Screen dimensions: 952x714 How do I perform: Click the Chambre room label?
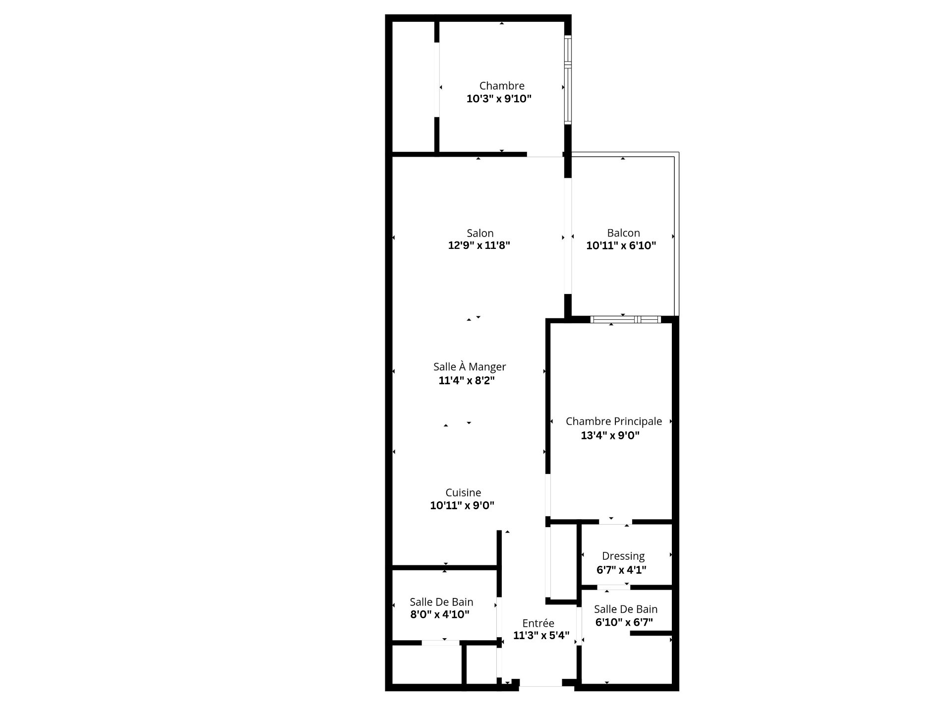point(502,86)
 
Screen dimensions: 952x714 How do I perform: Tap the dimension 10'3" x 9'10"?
point(499,99)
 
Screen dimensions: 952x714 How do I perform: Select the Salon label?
point(480,233)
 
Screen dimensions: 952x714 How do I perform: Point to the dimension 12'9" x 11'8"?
point(479,245)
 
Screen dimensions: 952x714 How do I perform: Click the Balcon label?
point(623,233)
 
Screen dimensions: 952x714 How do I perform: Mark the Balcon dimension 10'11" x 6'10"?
point(621,245)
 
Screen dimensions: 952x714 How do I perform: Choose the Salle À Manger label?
point(470,366)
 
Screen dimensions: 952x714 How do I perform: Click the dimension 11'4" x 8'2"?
point(467,381)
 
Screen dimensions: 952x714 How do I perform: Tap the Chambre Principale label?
point(614,421)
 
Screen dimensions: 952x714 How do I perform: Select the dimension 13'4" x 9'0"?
point(610,436)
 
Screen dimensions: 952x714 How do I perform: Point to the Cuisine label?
point(463,493)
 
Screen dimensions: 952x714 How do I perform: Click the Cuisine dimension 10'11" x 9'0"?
point(462,506)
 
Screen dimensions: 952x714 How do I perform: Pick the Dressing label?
point(623,557)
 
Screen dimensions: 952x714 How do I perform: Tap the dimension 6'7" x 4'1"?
point(621,570)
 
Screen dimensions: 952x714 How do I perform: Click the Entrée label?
point(538,623)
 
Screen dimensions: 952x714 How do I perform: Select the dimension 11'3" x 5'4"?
point(541,636)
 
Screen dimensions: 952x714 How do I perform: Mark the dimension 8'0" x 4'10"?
point(440,615)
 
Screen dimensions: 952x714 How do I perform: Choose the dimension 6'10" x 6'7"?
point(624,622)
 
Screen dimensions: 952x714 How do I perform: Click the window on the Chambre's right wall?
point(568,79)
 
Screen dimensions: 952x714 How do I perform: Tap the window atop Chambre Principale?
point(625,320)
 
